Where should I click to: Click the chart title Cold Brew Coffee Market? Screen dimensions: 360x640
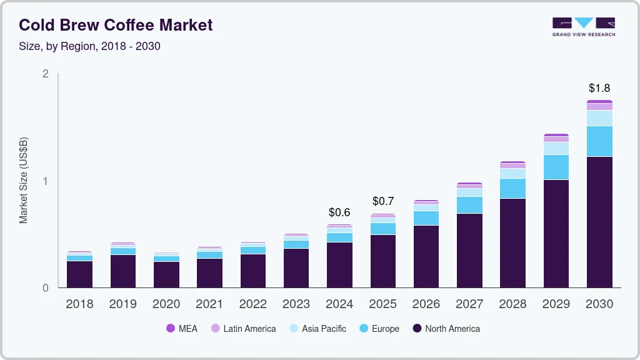(x=116, y=25)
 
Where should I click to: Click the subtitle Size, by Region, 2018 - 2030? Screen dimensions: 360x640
(x=89, y=46)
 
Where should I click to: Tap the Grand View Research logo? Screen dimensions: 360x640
(x=583, y=26)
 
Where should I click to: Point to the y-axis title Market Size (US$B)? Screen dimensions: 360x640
(x=23, y=181)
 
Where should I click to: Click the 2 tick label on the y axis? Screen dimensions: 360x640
(x=45, y=74)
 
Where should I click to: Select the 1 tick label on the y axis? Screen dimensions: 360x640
(x=45, y=181)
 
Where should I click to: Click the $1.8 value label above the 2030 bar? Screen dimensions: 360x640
(x=599, y=88)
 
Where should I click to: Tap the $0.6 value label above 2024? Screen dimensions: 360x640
(x=339, y=212)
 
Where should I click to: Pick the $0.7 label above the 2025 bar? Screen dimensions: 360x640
(x=382, y=201)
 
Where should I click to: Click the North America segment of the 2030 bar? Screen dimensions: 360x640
(x=599, y=222)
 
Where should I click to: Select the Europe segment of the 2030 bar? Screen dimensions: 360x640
(x=599, y=141)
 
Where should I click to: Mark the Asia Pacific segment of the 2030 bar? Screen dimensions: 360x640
(x=599, y=118)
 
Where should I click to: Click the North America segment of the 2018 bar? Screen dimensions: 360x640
(x=80, y=274)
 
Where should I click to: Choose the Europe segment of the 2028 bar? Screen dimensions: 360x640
(x=512, y=188)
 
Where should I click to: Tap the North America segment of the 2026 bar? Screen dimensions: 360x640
(x=426, y=256)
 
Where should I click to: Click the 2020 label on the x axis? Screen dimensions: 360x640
(x=166, y=304)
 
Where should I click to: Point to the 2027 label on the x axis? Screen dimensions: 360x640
(x=469, y=304)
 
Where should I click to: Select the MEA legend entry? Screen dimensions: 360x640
(x=182, y=329)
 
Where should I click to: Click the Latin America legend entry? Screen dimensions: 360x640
(x=243, y=329)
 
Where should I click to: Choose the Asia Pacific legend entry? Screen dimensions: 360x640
(x=317, y=329)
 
